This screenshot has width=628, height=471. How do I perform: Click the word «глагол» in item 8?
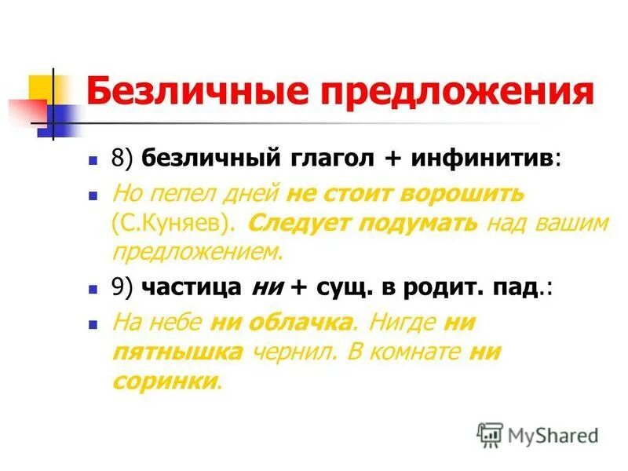coord(326,158)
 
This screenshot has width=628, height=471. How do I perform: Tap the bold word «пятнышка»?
coord(177,351)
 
